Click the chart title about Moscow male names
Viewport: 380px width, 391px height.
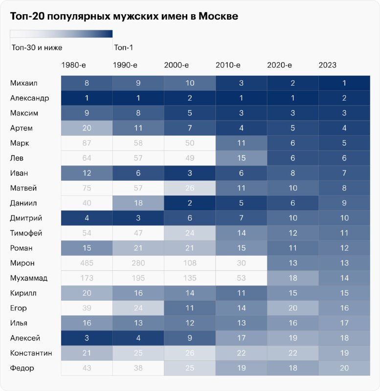click(x=124, y=17)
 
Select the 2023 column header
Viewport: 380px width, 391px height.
click(x=327, y=65)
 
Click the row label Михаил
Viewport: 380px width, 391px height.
click(x=24, y=83)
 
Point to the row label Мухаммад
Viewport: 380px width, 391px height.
click(x=29, y=278)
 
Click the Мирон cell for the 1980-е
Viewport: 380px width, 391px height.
click(x=87, y=263)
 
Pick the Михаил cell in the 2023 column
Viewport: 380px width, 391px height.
click(x=344, y=83)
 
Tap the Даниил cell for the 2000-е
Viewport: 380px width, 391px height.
click(x=189, y=203)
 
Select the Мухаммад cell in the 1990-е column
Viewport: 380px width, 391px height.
click(x=138, y=278)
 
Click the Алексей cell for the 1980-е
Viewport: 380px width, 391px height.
click(x=87, y=338)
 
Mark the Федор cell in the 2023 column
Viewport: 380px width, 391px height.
click(x=344, y=368)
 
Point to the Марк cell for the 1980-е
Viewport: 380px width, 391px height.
click(x=87, y=143)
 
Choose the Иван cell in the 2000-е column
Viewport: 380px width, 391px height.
click(x=189, y=173)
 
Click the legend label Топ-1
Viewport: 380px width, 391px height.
click(x=123, y=47)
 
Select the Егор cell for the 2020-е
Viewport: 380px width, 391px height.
click(x=292, y=308)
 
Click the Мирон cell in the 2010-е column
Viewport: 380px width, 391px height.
click(x=241, y=263)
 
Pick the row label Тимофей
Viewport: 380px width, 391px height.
click(x=26, y=233)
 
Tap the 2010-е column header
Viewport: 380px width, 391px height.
click(x=228, y=65)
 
